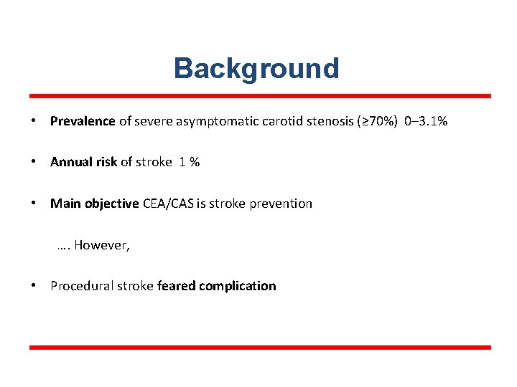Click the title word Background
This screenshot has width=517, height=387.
point(256,69)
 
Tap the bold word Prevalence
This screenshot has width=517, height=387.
point(83,121)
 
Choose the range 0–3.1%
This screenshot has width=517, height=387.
point(427,121)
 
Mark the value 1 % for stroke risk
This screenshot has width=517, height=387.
point(190,162)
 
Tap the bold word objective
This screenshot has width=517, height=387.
point(112,204)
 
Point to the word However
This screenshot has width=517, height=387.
point(101,245)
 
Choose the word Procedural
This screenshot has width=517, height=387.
point(80,286)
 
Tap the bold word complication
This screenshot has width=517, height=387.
point(238,286)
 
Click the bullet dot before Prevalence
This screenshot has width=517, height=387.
point(34,121)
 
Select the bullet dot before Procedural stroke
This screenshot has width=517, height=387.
point(34,286)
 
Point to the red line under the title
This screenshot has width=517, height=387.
point(259,95)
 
